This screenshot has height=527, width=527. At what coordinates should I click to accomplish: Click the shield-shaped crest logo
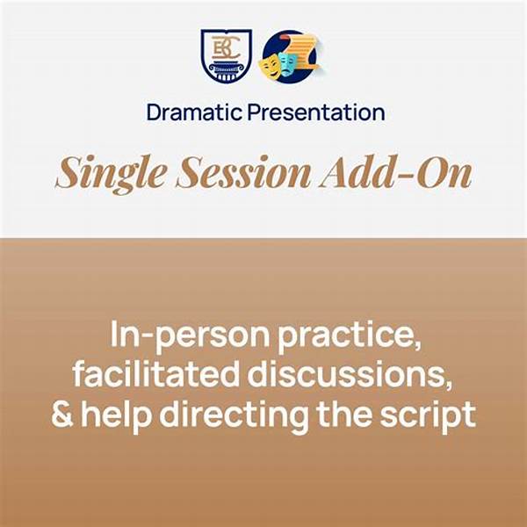tap(227, 56)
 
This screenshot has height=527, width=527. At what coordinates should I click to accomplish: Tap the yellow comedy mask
tap(270, 65)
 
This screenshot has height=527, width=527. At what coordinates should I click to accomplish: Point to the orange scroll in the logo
tap(304, 50)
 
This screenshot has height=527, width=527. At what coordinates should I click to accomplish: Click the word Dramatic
tap(194, 112)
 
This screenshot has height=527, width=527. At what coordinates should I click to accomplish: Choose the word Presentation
tap(316, 112)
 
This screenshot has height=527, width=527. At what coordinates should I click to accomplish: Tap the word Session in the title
tap(243, 172)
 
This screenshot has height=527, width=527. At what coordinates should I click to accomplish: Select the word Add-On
tap(396, 172)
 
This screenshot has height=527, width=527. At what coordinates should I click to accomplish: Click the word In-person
tap(190, 334)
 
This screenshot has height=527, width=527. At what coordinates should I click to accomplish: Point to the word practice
tap(350, 334)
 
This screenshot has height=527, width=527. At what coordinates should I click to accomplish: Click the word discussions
tap(350, 374)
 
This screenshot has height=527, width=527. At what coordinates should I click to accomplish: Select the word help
tap(116, 415)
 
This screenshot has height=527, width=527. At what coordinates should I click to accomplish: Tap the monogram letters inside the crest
tap(226, 47)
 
